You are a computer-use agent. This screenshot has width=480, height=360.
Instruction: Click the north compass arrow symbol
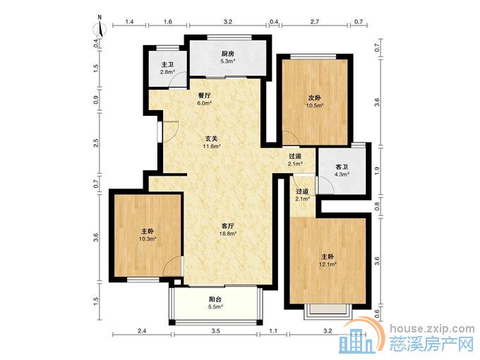(100, 28)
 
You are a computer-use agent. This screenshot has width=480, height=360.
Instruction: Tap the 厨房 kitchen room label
(228, 57)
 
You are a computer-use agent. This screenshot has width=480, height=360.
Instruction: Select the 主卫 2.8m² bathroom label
(167, 68)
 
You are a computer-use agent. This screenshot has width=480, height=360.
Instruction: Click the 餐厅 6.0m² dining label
(205, 100)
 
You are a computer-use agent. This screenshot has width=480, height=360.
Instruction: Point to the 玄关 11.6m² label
(212, 143)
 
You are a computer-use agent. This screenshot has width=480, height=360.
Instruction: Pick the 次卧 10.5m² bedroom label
(315, 102)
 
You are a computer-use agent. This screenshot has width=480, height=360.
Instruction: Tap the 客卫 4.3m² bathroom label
(342, 171)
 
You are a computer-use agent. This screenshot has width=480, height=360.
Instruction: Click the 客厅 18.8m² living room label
(228, 229)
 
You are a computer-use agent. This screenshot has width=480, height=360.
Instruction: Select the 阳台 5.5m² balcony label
(215, 303)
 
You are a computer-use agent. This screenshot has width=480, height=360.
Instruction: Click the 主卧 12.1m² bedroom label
(328, 260)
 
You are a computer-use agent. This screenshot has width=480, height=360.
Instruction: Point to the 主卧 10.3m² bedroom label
(148, 234)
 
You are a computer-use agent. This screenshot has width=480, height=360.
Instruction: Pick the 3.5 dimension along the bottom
(215, 330)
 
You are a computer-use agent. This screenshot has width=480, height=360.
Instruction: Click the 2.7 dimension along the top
(315, 21)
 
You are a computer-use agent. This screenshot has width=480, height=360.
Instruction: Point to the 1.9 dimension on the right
(377, 169)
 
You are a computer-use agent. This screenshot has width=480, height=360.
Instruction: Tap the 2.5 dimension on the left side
(96, 143)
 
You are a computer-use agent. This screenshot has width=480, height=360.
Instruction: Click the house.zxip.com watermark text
(432, 328)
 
